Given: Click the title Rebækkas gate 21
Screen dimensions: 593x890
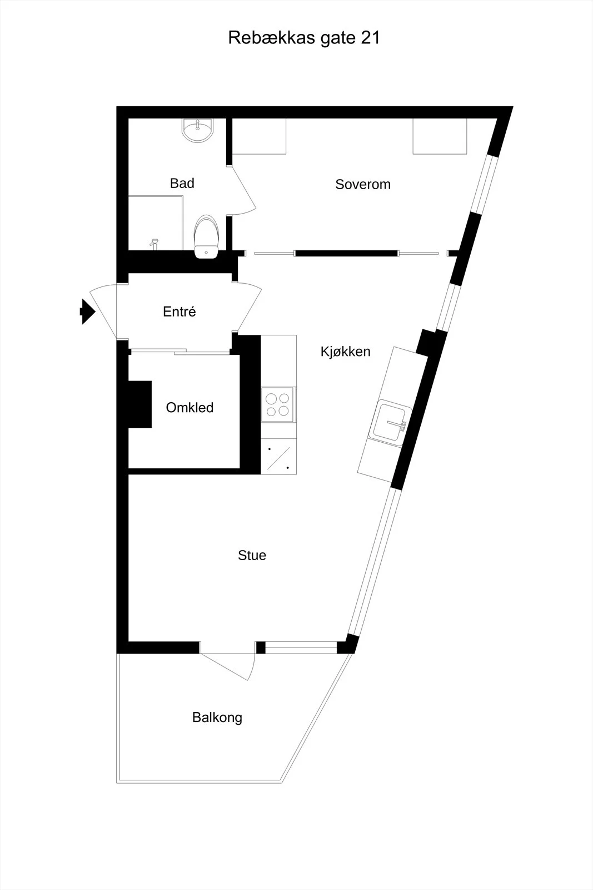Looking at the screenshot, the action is (304, 38).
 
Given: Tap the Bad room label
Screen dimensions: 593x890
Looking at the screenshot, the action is (182, 183).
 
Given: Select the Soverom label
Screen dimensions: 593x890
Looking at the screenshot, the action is (363, 184).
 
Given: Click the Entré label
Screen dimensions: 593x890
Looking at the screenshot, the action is (180, 311).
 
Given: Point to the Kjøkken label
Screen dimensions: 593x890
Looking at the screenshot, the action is (345, 352).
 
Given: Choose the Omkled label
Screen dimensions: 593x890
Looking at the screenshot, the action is (190, 408).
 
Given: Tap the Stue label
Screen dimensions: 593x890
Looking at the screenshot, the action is (252, 556).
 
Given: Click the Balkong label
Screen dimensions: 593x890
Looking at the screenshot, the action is (217, 718).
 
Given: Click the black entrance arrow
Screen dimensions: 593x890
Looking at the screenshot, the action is (88, 311).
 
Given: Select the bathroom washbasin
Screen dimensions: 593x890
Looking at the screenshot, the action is (198, 130).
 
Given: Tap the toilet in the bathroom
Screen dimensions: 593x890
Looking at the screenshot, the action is (206, 237).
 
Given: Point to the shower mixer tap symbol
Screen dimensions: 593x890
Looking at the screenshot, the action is (155, 244).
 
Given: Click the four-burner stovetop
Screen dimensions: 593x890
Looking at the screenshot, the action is (278, 404).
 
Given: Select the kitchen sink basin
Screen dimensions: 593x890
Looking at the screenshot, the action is (390, 421).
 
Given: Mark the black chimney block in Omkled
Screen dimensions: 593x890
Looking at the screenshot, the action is (139, 404).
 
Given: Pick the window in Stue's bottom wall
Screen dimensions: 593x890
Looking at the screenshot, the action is (301, 647).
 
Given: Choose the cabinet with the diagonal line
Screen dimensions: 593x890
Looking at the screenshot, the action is (278, 456).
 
